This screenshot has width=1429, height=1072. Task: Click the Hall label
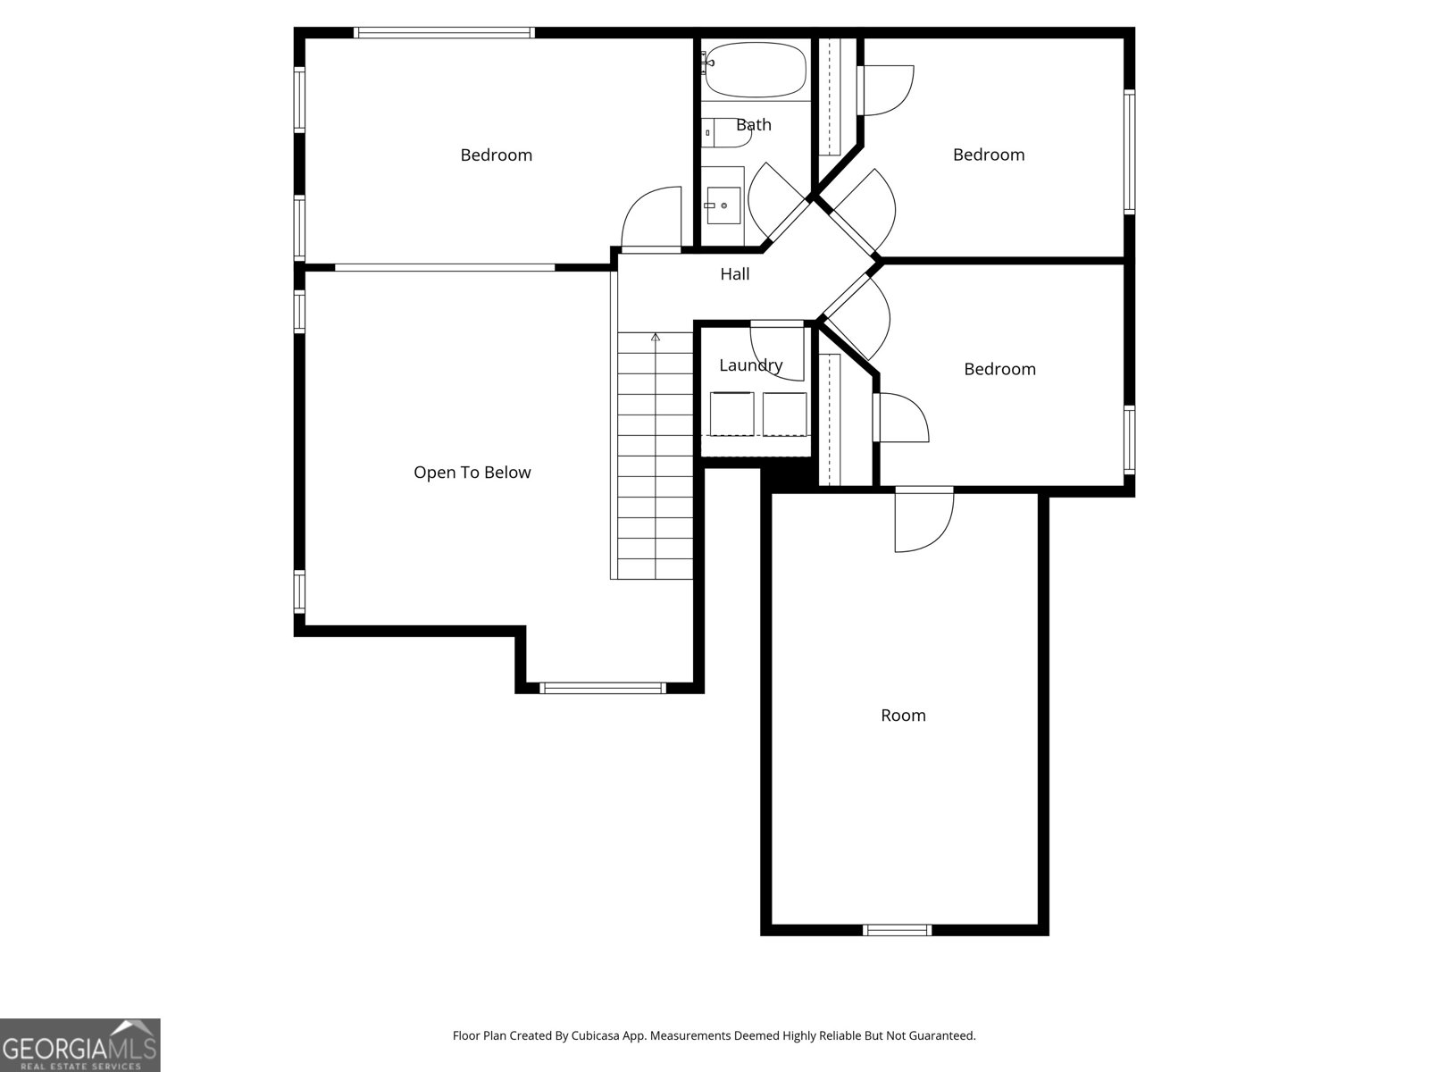point(735,274)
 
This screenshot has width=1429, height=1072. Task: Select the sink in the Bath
point(723,205)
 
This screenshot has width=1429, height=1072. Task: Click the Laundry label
point(750,364)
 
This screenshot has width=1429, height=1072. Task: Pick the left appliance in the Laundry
point(731,414)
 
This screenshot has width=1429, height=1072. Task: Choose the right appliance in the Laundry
point(785,414)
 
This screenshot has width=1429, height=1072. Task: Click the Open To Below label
point(472,473)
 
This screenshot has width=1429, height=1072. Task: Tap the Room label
point(903,716)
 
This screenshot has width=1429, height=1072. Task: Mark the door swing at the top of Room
point(924,521)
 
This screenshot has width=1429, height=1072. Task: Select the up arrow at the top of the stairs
point(656,338)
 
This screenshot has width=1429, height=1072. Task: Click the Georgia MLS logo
point(79,1044)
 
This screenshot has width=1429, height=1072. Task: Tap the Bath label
point(754,125)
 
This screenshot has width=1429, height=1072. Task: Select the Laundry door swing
point(777,350)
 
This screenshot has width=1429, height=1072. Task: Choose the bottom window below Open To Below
point(603,688)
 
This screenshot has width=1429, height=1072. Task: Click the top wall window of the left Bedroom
point(444,33)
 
